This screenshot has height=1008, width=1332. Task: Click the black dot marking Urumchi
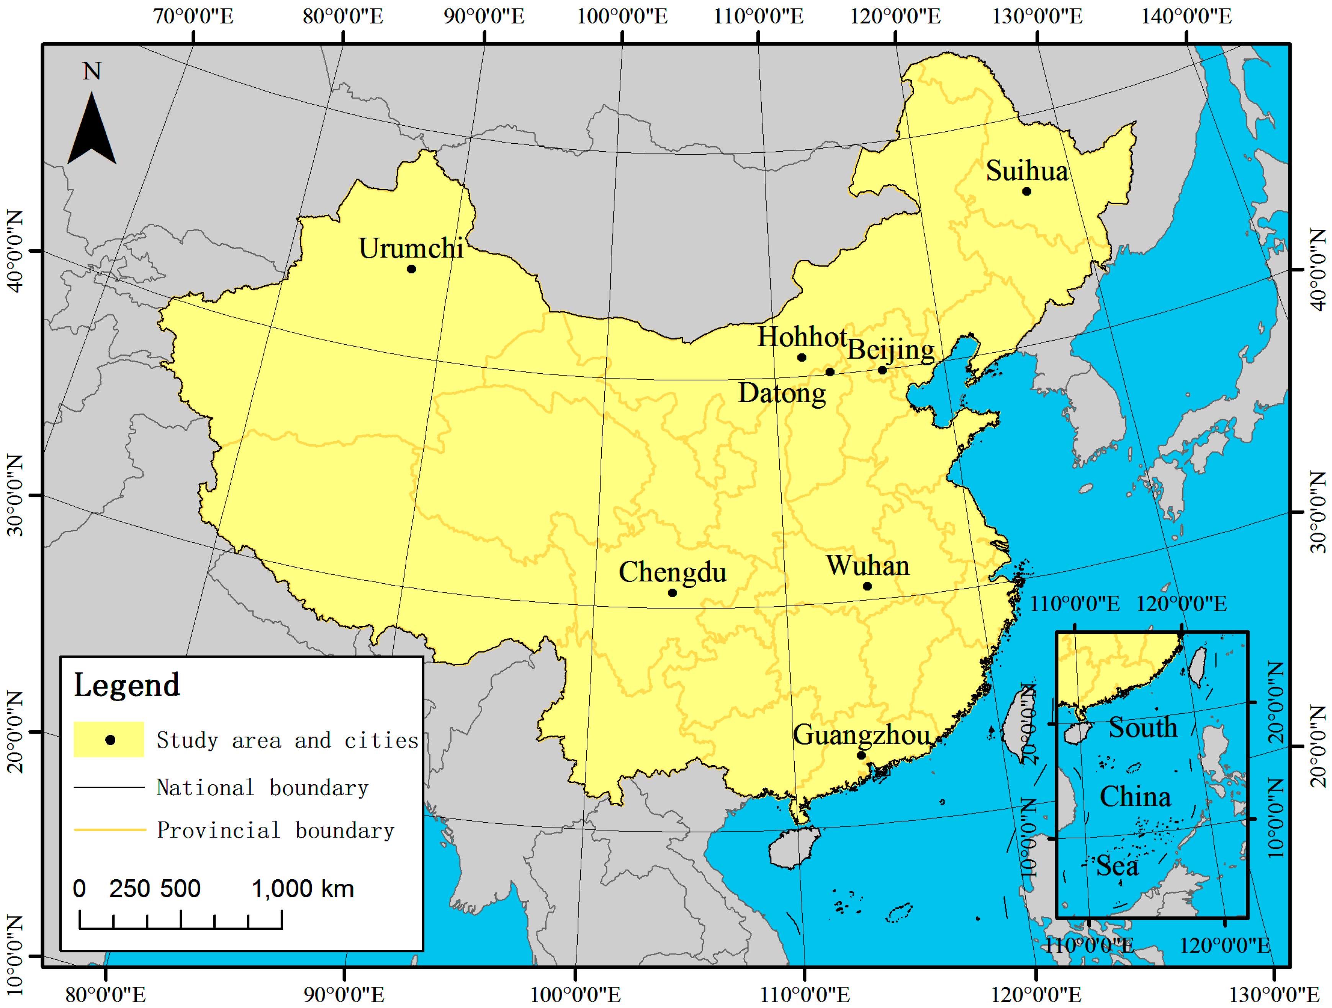[411, 269]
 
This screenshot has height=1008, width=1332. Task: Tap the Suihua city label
[1027, 171]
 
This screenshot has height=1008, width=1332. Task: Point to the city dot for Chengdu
[673, 593]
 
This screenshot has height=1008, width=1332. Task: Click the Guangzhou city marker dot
[861, 755]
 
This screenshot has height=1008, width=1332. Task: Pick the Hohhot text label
[802, 337]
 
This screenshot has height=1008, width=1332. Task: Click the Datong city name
[782, 393]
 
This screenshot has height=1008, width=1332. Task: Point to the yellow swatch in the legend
[109, 740]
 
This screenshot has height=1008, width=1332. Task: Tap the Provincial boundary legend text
[275, 830]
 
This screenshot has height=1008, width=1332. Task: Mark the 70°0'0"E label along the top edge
[193, 16]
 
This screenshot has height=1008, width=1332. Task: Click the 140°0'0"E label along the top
[1186, 16]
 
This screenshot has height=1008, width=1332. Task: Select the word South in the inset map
[1142, 727]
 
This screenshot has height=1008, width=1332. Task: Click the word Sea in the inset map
[1117, 866]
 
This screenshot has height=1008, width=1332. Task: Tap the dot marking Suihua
[1027, 191]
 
